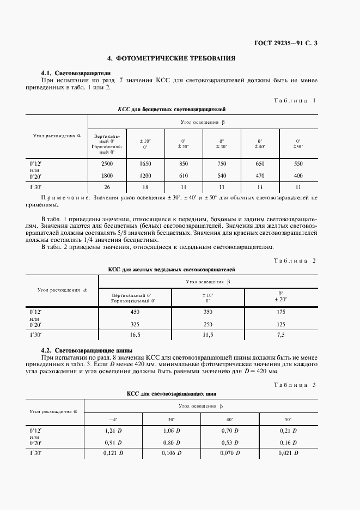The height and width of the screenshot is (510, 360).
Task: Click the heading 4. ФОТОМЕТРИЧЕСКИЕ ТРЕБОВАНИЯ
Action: click(172, 58)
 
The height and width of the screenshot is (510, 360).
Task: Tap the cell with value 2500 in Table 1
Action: click(107, 163)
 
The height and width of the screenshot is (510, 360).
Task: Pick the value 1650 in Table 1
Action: click(145, 163)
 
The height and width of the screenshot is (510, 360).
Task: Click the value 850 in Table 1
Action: click(184, 163)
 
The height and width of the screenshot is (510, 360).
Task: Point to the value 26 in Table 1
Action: click(107, 187)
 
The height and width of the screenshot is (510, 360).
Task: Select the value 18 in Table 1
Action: click(145, 187)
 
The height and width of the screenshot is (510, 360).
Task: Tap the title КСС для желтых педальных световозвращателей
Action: click(172, 269)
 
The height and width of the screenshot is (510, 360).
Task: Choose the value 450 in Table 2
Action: click(135, 312)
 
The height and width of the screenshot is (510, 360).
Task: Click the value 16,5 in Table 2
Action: click(135, 335)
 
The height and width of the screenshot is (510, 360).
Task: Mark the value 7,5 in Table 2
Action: click(280, 335)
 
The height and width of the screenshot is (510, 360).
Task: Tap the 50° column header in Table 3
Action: click(288, 419)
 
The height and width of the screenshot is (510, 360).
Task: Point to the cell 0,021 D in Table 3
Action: click(288, 453)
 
